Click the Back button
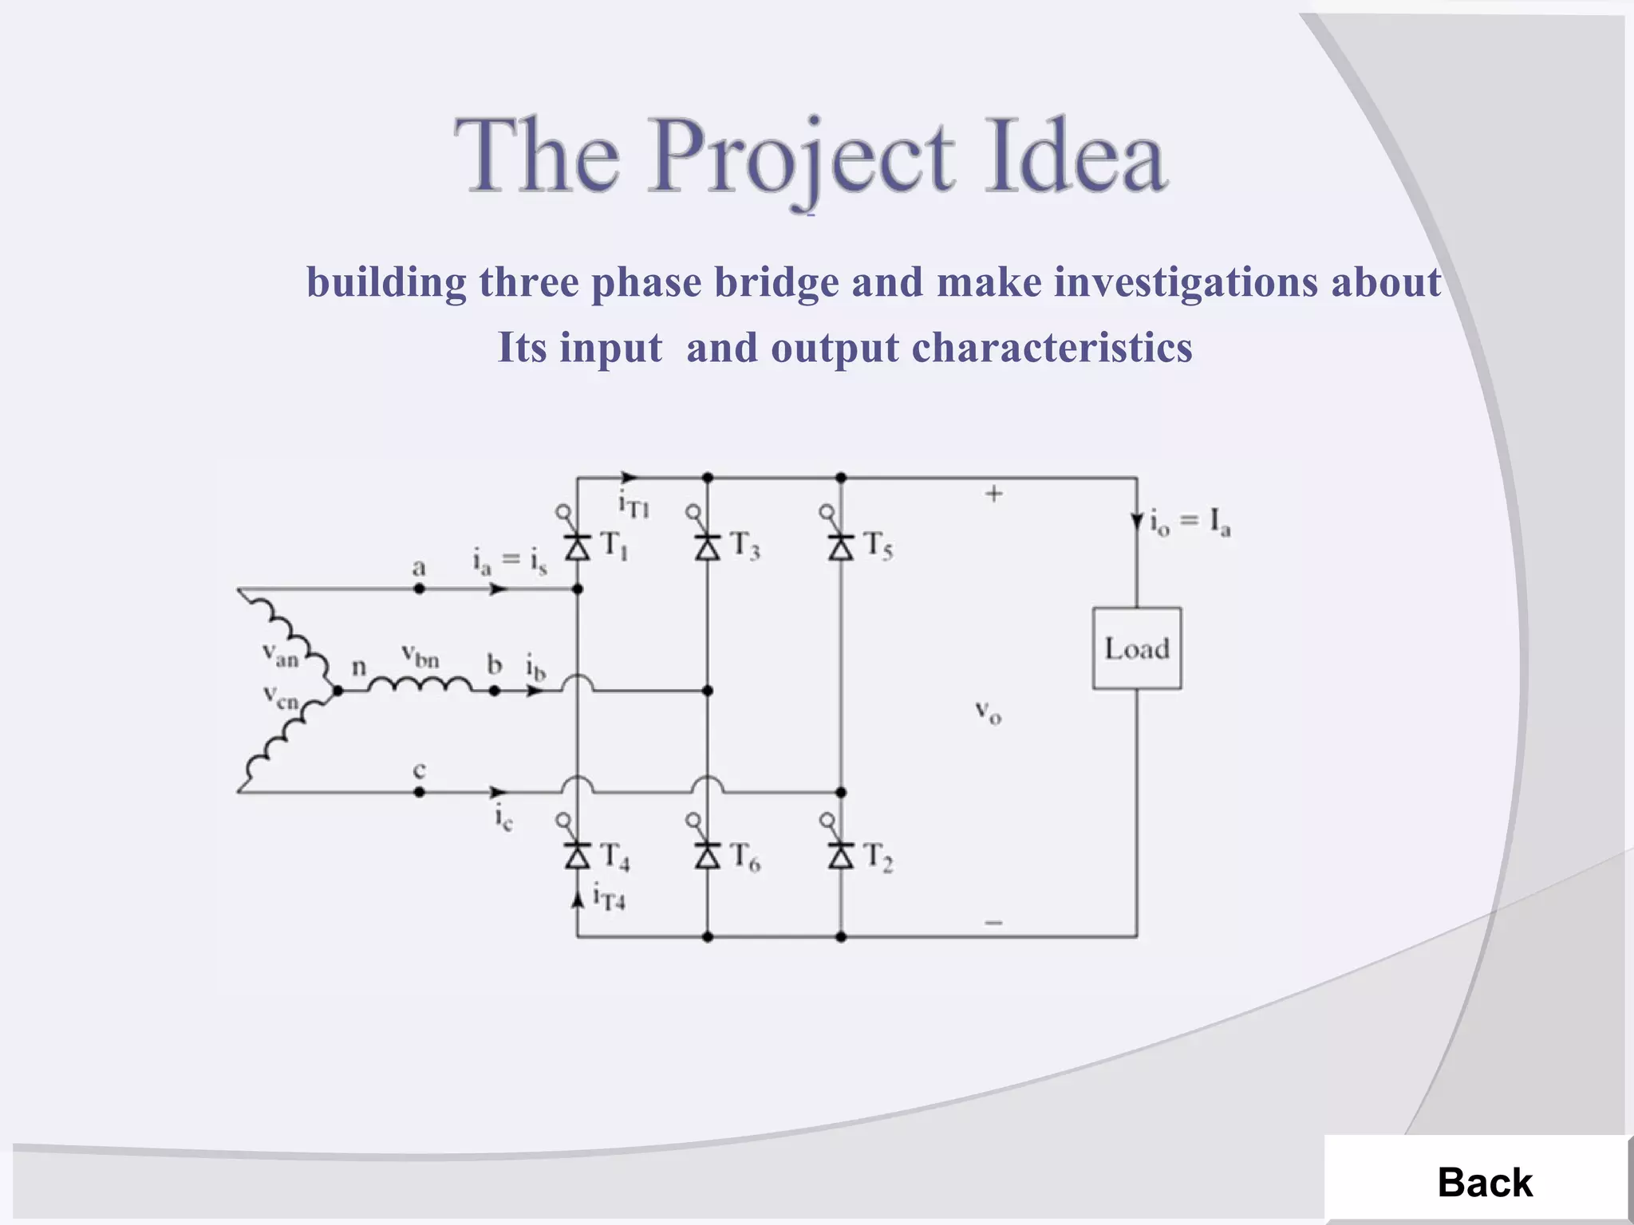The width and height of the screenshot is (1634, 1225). (x=1484, y=1182)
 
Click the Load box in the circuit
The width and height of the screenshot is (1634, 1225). (x=1137, y=648)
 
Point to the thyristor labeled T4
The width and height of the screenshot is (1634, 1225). (x=578, y=856)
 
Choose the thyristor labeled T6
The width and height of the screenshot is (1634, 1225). (x=708, y=856)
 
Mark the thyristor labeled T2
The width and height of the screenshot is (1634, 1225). (x=841, y=856)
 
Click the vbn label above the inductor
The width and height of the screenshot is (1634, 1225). (x=420, y=656)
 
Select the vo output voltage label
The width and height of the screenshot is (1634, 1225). (x=989, y=711)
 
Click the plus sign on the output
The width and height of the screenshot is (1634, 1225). (x=993, y=494)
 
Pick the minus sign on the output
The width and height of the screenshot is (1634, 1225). (x=993, y=923)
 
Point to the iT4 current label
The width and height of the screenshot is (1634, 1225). (x=609, y=898)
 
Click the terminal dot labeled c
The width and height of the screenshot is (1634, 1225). (x=420, y=792)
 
